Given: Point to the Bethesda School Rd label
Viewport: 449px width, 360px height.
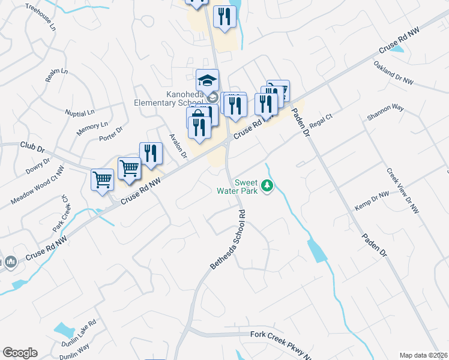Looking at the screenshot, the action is coord(229,239).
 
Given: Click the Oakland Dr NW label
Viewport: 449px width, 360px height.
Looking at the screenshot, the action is coord(394,70).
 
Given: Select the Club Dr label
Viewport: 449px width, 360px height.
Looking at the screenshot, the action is coord(32,146).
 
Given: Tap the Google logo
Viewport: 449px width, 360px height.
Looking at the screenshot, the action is coord(20,353).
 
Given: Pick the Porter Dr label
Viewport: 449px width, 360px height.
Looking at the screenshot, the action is coord(110,134).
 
